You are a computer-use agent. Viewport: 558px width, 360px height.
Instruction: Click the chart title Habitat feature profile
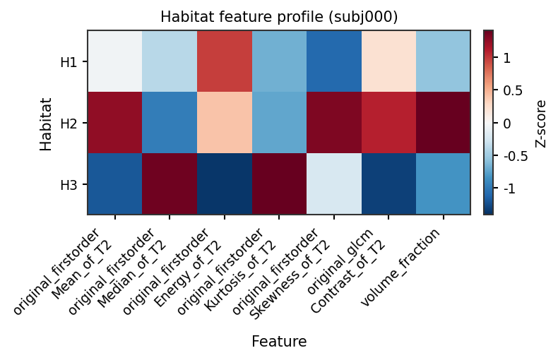coord(279,17)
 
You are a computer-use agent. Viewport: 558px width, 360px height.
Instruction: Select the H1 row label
coord(69,62)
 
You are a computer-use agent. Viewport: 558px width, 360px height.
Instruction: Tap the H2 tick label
coord(69,124)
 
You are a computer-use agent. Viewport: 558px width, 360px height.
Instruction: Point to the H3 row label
coord(69,185)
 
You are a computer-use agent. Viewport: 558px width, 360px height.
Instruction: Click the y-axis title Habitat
coord(46,124)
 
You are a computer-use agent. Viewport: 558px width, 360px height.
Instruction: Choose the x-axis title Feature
coord(279,342)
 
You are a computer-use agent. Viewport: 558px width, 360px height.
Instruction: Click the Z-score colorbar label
coord(540,124)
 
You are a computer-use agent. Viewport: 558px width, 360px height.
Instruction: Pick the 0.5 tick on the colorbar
coord(513,91)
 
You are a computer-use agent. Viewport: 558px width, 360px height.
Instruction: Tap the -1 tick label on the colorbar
coord(509,188)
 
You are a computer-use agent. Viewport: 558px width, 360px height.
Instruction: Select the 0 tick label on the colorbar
coord(507,124)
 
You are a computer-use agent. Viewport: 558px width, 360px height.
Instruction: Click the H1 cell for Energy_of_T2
coord(225,61)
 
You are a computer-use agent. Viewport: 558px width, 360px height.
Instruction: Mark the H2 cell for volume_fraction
coord(444,122)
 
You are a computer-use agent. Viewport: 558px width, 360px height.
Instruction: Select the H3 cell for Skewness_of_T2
coord(334,184)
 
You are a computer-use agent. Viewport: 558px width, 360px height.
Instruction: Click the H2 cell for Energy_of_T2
coord(225,122)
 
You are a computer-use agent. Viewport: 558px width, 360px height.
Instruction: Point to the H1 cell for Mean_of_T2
coord(115,61)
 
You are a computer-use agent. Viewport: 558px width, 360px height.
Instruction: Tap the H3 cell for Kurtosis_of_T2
coord(280,184)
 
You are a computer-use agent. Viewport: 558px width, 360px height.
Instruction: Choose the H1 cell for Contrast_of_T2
coord(388,61)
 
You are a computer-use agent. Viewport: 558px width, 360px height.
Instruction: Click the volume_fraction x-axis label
coord(400,267)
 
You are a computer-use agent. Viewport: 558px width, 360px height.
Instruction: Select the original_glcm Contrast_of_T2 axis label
coord(346,270)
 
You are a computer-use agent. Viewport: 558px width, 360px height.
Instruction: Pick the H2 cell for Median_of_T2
coord(170,122)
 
